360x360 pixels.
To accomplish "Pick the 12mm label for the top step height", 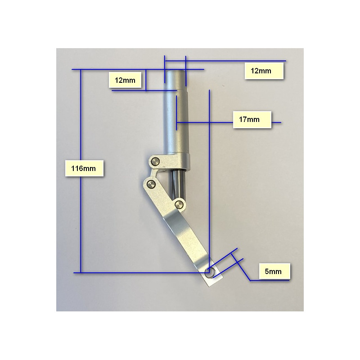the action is (125, 80).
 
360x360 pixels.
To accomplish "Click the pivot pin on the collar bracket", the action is (156, 161).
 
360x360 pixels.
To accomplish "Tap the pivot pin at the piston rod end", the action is (179, 204).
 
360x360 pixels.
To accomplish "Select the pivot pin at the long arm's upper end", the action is (151, 184).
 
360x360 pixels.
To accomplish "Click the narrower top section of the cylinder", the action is (176, 81).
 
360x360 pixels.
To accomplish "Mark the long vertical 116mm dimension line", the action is (81, 171).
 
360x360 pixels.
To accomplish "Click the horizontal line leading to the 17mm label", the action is (229, 122).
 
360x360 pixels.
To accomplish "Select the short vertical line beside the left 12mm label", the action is (146, 80).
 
